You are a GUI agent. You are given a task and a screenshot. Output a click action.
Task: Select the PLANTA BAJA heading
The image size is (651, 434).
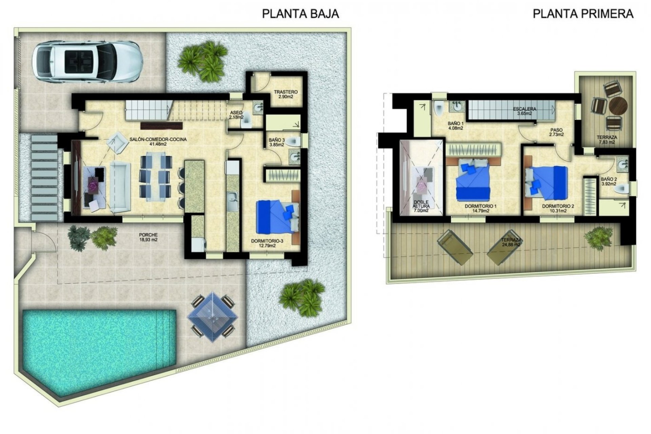(x=300, y=14)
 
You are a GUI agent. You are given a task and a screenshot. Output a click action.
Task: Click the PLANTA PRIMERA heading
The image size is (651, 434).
(x=583, y=14)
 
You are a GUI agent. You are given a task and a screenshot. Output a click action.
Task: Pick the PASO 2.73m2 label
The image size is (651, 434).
(x=556, y=132)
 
